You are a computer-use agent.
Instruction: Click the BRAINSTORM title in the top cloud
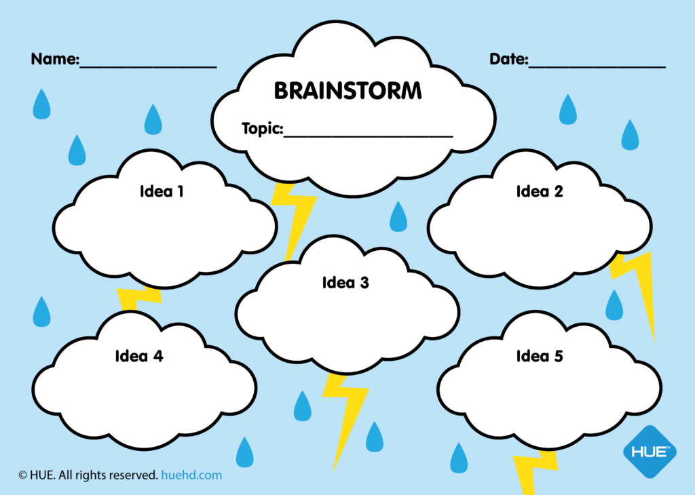(x=347, y=90)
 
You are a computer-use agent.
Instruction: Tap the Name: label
(x=55, y=59)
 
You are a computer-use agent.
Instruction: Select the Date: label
(x=509, y=59)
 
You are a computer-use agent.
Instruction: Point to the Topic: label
(x=263, y=128)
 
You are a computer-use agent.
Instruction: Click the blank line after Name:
(x=148, y=67)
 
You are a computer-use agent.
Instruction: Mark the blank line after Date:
(x=597, y=67)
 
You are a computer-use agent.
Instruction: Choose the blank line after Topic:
(x=369, y=136)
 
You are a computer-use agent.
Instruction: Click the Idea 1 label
(x=162, y=191)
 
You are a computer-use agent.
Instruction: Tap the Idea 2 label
(x=540, y=191)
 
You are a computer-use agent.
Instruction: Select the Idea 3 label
(x=345, y=283)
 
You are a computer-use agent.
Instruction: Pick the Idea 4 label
(x=139, y=356)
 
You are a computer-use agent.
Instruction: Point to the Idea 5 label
(x=540, y=356)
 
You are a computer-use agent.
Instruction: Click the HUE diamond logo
(x=650, y=452)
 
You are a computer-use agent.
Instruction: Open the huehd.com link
(x=191, y=475)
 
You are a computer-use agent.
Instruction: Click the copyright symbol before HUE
(x=22, y=475)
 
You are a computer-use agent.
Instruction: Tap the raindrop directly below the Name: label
(x=41, y=104)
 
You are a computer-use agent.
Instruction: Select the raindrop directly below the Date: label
(x=568, y=109)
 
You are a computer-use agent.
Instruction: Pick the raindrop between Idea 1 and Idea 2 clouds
(x=398, y=217)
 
